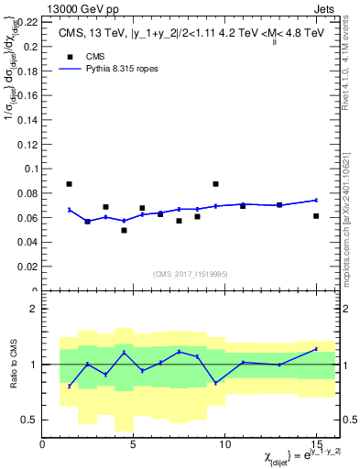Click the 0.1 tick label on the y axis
[x=31, y=169]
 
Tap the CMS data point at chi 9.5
[x=215, y=184]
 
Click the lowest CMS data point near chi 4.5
[x=124, y=230]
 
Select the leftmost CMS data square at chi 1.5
[x=70, y=184]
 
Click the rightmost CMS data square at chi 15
[x=316, y=216]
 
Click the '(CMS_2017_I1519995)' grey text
[x=190, y=273]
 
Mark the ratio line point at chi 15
[x=316, y=349]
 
